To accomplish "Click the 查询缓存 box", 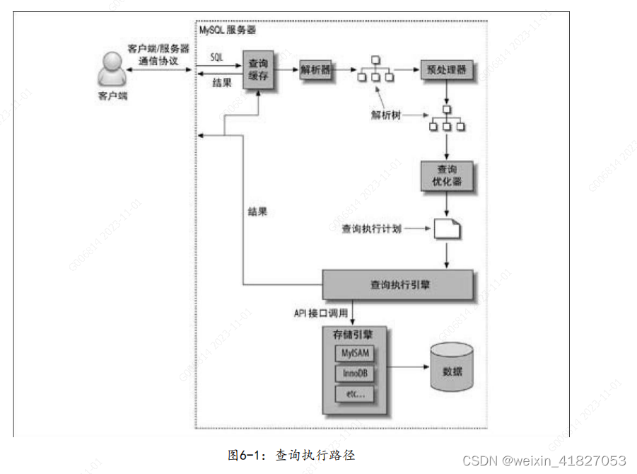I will tap(259, 69).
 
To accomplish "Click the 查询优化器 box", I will tap(446, 176).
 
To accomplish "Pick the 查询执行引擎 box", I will tap(397, 284).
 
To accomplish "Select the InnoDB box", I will tap(354, 373).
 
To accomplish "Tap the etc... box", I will tap(354, 394).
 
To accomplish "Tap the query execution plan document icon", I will tap(446, 229).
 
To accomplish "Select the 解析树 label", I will tap(386, 115).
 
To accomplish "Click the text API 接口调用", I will tap(320, 312).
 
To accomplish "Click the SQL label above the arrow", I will tap(217, 56).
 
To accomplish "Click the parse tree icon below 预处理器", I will tap(446, 120).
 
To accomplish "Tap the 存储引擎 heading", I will tap(343, 332).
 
